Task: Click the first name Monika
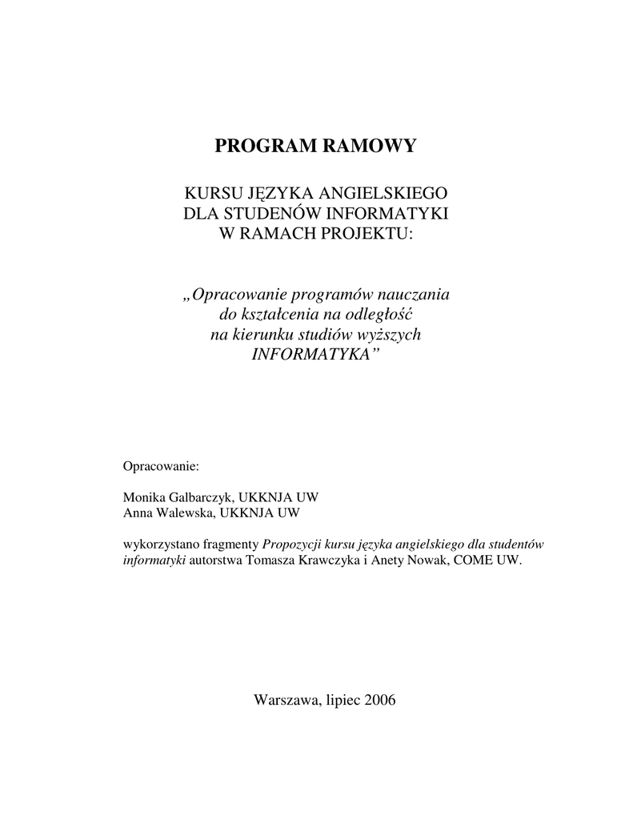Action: click(x=141, y=497)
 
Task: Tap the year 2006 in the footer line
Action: click(x=380, y=700)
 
